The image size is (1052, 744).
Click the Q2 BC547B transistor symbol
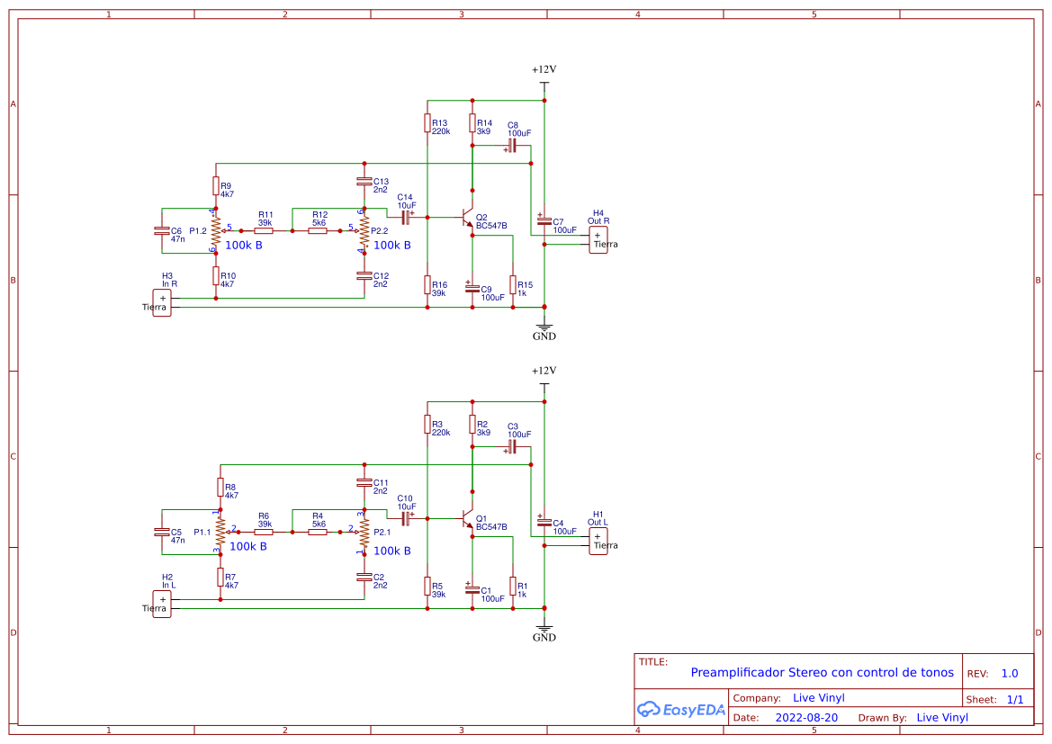pos(467,218)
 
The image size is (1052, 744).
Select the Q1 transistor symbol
pos(467,519)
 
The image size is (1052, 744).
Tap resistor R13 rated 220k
pos(427,122)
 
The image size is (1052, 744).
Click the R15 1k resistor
pos(513,284)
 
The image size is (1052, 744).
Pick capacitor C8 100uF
pos(511,144)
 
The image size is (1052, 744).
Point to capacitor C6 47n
pos(162,231)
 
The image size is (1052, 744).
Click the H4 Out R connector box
pos(598,240)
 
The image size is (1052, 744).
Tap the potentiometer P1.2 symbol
pos(216,231)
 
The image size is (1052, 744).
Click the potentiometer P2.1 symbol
pos(364,533)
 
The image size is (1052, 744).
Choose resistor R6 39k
pos(264,533)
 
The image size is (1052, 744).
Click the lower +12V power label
pos(544,371)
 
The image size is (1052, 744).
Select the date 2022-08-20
pos(806,718)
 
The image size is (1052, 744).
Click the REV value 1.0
pos(1009,673)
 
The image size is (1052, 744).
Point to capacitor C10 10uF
pos(405,519)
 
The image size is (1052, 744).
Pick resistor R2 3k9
pos(472,424)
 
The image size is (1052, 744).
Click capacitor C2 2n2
pos(364,577)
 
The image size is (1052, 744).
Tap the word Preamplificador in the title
pos(737,672)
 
